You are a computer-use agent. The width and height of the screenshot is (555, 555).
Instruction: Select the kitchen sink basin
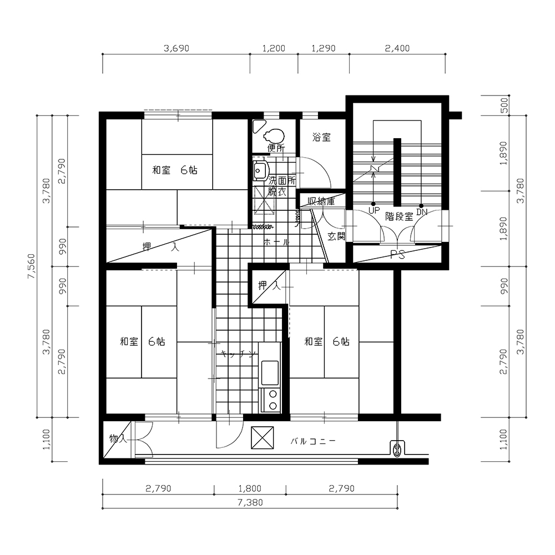pos(270,373)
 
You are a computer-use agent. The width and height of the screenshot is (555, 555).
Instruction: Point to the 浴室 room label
pos(322,137)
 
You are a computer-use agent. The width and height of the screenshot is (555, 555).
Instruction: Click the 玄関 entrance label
pos(336,236)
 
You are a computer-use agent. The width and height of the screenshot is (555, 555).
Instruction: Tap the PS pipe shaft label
pos(397,255)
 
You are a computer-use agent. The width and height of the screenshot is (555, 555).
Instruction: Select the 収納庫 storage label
pos(321,202)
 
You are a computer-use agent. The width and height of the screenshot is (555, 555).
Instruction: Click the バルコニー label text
pos(313,441)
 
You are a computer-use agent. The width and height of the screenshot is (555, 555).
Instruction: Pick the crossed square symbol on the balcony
pos(263,437)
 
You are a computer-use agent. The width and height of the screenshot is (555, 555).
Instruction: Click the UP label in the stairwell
pos(374,210)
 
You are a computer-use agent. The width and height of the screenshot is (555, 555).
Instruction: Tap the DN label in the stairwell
pos(422,212)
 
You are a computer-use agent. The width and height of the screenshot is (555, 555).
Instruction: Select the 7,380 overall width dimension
pos(250,502)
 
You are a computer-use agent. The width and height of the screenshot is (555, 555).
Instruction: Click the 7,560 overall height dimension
pos(32,266)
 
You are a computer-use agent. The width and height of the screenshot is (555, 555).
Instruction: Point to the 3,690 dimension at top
pos(176,48)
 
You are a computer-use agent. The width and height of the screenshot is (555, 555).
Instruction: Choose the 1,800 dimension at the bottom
pos(250,488)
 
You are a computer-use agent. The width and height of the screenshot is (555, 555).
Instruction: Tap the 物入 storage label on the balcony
pos(118,439)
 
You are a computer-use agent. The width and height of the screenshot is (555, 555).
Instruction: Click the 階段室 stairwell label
pos(399,216)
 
